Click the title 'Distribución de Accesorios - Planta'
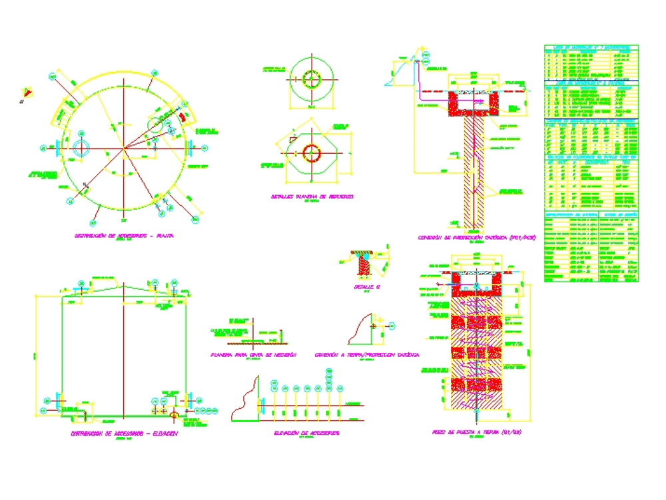123,236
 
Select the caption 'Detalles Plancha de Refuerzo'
312,197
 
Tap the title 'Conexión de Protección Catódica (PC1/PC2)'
477,237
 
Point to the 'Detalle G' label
366,287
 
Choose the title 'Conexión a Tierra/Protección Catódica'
367,355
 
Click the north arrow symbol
26,93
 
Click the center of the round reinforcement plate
311,79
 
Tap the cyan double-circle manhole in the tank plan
80,148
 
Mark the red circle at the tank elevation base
174,414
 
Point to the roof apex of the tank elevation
123,283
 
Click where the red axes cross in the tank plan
123,150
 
